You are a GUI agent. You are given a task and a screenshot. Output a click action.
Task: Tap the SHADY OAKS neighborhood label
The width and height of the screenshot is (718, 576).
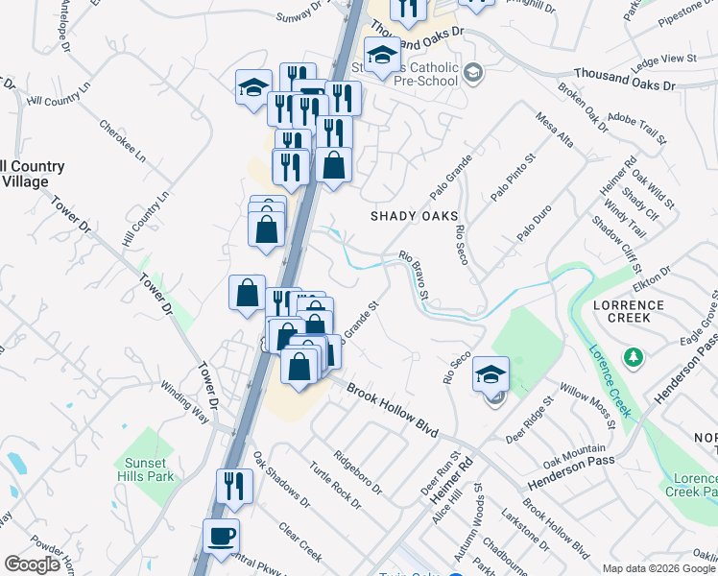pyautogui.click(x=415, y=216)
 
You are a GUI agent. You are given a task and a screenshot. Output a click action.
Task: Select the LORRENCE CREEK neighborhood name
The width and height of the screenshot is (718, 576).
pyautogui.click(x=628, y=310)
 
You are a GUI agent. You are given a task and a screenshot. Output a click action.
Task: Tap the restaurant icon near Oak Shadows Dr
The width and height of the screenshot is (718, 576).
pyautogui.click(x=234, y=486)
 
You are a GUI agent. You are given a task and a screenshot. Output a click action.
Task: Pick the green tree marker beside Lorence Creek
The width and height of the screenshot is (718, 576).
pyautogui.click(x=633, y=358)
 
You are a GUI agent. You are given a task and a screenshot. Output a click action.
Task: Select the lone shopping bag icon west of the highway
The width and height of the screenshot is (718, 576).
pyautogui.click(x=247, y=293)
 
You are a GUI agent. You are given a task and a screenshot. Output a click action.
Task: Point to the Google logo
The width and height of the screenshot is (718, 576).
pyautogui.click(x=32, y=564)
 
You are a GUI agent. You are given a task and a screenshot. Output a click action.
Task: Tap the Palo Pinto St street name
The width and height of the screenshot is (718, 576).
pyautogui.click(x=512, y=176)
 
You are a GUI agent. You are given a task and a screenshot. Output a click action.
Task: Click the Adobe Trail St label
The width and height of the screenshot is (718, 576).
pyautogui.click(x=640, y=127)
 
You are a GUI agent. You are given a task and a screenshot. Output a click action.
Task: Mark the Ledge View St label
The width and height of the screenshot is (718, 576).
pyautogui.click(x=664, y=60)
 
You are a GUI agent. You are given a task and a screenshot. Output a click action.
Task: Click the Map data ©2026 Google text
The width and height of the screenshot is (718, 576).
pyautogui.click(x=658, y=568)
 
